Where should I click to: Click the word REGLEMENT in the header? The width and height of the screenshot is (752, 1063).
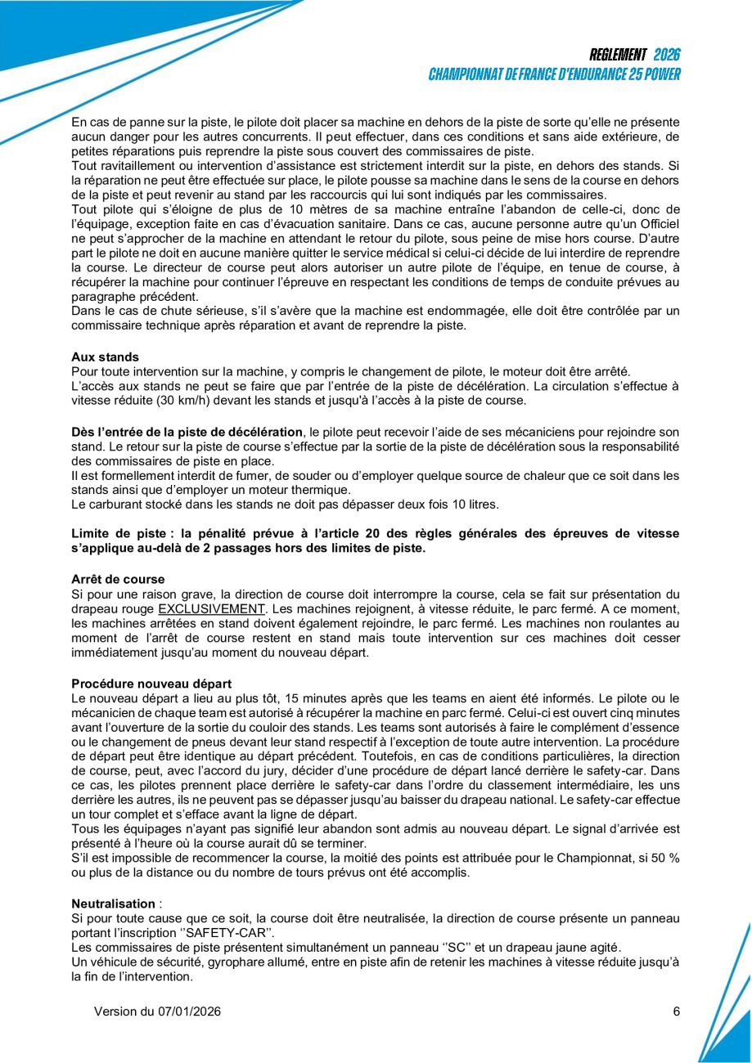[618, 55]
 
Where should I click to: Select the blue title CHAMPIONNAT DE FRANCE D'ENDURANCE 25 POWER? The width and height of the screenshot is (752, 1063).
[554, 74]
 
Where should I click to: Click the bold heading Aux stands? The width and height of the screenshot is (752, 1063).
[105, 357]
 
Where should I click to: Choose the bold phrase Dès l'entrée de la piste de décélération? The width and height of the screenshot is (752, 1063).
[187, 432]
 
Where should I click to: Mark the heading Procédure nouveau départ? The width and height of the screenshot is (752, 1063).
[151, 684]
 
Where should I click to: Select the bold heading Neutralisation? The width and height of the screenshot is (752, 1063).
[113, 904]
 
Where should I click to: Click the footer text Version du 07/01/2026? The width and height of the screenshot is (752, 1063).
[157, 1011]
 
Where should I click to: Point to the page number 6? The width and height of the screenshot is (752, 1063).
[677, 1011]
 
